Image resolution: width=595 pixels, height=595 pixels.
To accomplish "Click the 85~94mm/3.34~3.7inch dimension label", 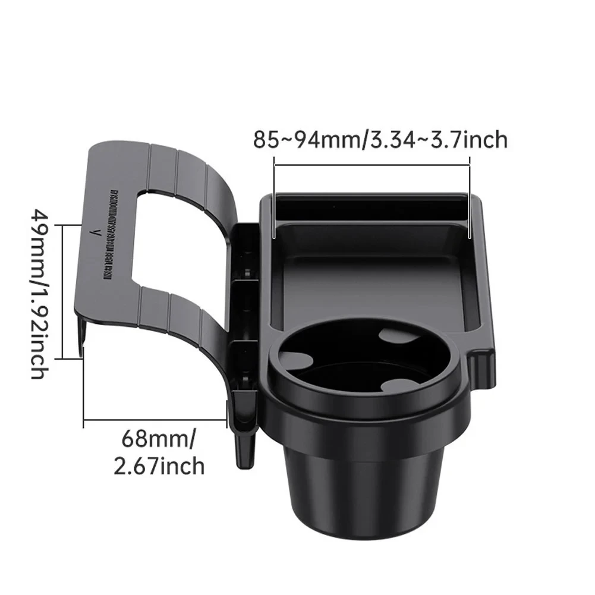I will pyautogui.click(x=380, y=140).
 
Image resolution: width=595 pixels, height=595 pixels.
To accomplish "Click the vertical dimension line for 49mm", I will pyautogui.click(x=81, y=291).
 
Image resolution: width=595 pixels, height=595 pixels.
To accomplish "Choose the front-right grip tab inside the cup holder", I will pyautogui.click(x=397, y=385).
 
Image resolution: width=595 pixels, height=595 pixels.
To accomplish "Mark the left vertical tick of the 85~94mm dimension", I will pyautogui.click(x=273, y=196).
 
